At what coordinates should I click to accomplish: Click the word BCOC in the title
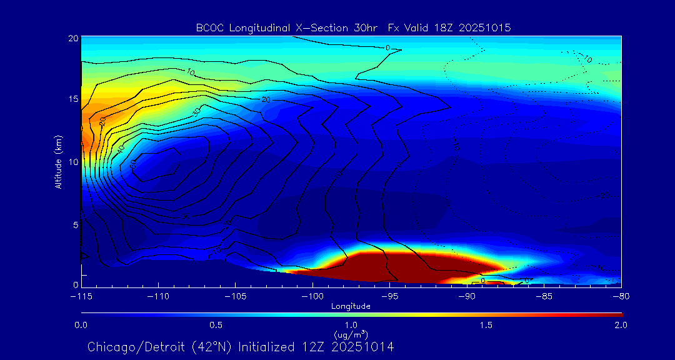coord(209,28)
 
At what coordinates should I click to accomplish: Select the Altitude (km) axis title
coord(59,162)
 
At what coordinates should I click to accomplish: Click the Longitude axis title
coord(351,306)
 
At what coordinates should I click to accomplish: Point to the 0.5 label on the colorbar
coord(216,325)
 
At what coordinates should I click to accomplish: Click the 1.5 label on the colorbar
coord(486,325)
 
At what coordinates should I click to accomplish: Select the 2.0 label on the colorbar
coord(621,325)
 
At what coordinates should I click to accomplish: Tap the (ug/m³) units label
coord(351,335)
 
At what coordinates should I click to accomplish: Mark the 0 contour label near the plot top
coord(387,47)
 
